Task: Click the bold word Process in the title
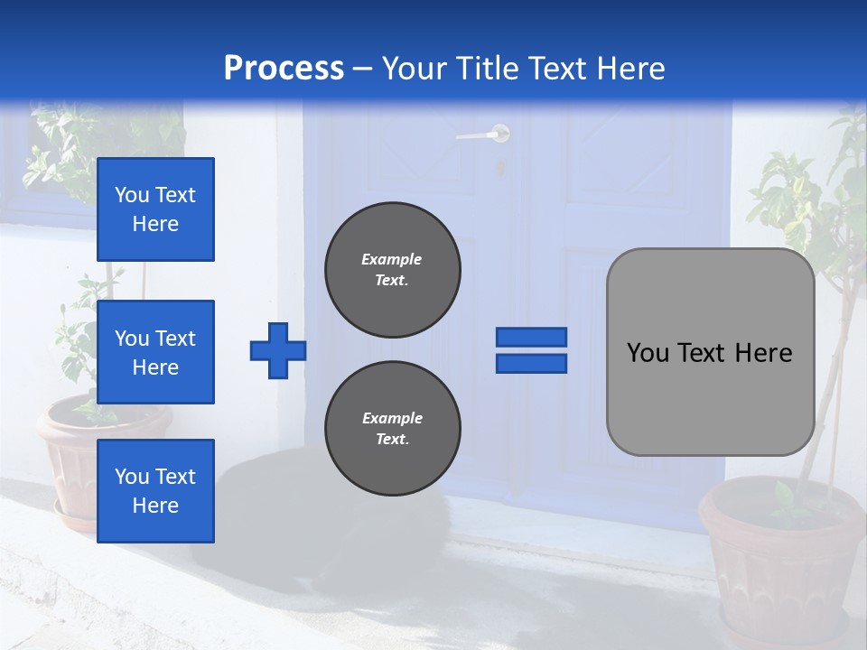[284, 68]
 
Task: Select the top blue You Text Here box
[155, 209]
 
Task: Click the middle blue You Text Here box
[155, 352]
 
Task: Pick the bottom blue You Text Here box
[155, 490]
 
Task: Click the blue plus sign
[278, 350]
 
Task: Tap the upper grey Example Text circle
[393, 270]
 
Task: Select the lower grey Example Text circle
[393, 429]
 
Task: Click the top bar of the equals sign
[531, 338]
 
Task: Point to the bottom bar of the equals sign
[531, 363]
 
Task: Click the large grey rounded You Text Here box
[710, 352]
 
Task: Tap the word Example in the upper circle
[391, 259]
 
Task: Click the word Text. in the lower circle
[392, 440]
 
